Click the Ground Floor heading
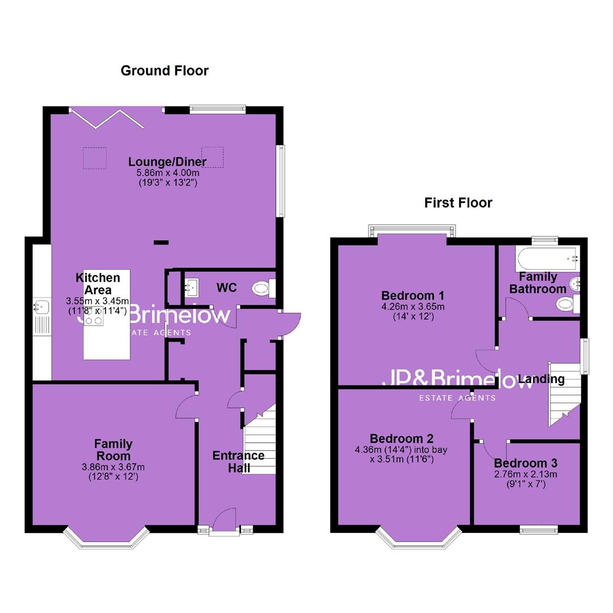(x=165, y=71)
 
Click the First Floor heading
(x=458, y=203)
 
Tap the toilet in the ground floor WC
(x=264, y=288)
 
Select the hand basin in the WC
(x=192, y=287)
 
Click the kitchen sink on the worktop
(x=41, y=307)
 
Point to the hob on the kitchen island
(x=94, y=316)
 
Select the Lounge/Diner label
(x=167, y=161)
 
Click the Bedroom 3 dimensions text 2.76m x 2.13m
(x=526, y=475)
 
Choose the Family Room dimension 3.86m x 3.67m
(x=113, y=467)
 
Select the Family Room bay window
(x=106, y=538)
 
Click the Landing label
(x=541, y=379)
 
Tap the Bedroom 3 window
(x=539, y=530)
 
